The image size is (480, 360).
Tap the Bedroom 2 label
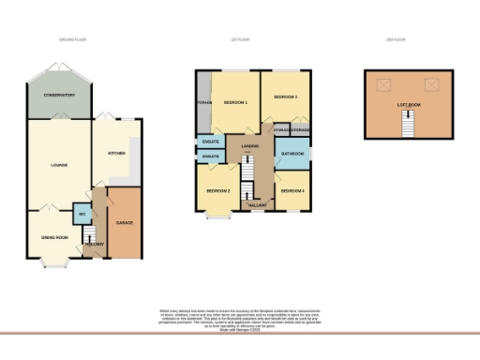coord(218,190)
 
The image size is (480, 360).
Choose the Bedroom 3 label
coord(285,97)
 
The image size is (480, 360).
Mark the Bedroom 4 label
coord(292,191)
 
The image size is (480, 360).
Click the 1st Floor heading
coord(249,40)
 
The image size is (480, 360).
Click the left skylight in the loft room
coord(382,85)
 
